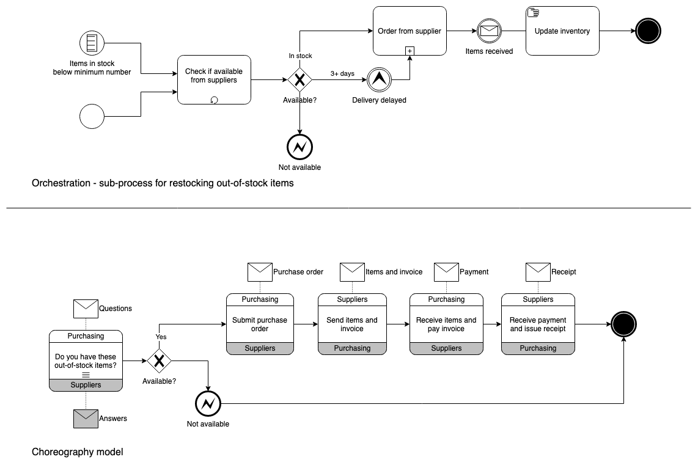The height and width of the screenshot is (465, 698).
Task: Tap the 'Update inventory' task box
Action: tap(562, 31)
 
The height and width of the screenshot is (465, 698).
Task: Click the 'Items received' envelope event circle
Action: tap(489, 31)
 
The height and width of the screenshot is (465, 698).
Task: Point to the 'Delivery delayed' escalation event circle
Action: tap(379, 79)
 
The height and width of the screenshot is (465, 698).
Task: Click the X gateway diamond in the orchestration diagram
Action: tap(299, 80)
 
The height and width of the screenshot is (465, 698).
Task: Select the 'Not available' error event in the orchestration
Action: tap(299, 147)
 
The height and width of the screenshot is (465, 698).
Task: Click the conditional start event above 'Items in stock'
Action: tap(92, 43)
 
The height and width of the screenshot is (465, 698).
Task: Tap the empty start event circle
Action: tap(92, 116)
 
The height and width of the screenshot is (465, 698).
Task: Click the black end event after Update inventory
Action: tap(648, 31)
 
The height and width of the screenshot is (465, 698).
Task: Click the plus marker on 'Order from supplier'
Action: tap(410, 50)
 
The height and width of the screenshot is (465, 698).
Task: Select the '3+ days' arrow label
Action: tap(342, 73)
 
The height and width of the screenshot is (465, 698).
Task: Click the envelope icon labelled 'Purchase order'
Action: tap(260, 272)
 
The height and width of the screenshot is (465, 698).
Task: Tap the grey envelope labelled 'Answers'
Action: tap(86, 419)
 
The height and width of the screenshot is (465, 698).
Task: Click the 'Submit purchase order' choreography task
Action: tap(260, 324)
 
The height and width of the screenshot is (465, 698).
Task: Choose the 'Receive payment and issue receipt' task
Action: tap(538, 324)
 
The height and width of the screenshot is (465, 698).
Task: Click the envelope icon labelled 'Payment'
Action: tap(446, 272)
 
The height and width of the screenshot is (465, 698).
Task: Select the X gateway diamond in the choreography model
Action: tap(159, 361)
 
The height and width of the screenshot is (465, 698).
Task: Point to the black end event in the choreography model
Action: tap(623, 324)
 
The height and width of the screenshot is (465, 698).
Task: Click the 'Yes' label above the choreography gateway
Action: tap(161, 337)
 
